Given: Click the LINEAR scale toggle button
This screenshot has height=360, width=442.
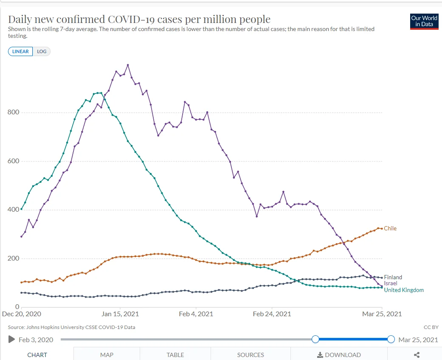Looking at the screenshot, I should coord(20,51).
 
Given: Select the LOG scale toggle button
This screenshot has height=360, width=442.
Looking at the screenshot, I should coord(42,51).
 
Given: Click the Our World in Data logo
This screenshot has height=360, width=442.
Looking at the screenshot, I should coord(424,21).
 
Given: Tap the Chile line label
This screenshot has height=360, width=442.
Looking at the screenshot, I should coord(390,229).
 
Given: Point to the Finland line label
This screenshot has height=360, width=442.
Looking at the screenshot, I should coord(393,278).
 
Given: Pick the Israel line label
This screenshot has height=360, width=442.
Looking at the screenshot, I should coord(391,283).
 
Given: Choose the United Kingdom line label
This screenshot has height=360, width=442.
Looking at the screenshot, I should coord(404,290).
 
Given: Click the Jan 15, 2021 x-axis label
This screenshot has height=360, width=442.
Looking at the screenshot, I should coord(121,314).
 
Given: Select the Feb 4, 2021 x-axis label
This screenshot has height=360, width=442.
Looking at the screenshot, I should coord(196,314).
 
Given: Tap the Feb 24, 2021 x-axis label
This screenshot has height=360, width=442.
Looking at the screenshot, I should coord(272,314).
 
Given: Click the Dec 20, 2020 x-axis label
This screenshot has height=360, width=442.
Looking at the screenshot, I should coord(21,314).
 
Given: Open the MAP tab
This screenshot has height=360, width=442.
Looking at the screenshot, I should coord(107,355).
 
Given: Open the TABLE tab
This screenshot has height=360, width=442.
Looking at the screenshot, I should coord(175,355).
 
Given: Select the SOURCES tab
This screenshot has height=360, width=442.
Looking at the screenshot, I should coord(251,355).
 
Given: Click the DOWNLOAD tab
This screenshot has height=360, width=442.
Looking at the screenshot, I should coord(339,355).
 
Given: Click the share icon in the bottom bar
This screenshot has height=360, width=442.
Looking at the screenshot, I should coord(417,355).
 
